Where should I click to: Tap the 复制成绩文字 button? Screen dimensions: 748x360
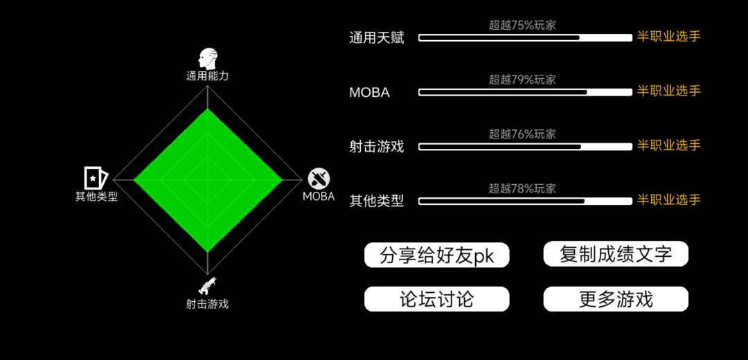[616, 254]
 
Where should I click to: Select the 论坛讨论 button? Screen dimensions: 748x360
[436, 299]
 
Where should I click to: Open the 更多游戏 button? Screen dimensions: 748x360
[616, 299]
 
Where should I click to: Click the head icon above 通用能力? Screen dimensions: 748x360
[208, 59]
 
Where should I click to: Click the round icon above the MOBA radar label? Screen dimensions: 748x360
[318, 179]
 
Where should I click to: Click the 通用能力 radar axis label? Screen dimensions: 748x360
[208, 76]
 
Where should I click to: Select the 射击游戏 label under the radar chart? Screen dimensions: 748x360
[208, 304]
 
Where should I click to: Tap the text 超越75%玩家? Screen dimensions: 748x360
[522, 26]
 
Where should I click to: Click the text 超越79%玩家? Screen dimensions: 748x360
[522, 80]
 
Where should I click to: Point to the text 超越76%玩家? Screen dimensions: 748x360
[522, 134]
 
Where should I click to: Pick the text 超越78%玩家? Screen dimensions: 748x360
[522, 189]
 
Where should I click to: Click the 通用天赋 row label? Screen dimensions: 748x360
[376, 37]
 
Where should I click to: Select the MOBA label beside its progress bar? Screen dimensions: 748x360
[370, 93]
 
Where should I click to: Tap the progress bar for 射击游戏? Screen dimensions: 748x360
[525, 147]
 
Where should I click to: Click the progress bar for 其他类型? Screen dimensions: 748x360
[525, 201]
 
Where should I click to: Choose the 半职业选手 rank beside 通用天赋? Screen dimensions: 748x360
[669, 37]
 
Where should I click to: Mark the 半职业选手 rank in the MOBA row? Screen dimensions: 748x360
[669, 91]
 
